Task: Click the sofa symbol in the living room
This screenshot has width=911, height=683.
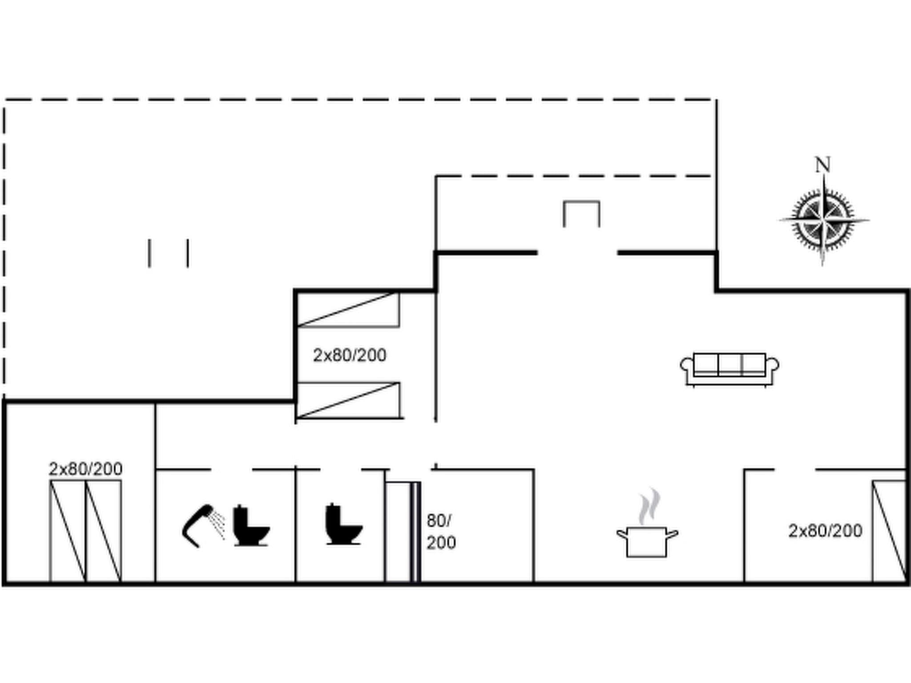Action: pos(730,369)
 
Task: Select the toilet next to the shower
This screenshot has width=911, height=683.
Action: pos(251,526)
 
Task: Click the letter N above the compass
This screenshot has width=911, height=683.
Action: pos(822,165)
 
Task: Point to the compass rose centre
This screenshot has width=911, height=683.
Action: pos(823,220)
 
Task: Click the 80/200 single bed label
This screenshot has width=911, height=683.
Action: pos(440,532)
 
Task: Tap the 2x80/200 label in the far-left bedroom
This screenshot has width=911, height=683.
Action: pos(85,469)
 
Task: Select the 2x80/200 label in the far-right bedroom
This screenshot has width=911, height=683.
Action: pos(825,530)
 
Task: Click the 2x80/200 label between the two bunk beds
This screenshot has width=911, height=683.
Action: pos(349,355)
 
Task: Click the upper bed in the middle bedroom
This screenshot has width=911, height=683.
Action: pos(348,309)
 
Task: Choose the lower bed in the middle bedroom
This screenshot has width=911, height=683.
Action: pos(348,400)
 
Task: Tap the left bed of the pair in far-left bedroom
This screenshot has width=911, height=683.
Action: pos(68,531)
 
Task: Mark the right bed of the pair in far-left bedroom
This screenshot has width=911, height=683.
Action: pos(103,531)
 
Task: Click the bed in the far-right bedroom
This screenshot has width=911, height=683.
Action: pos(889,531)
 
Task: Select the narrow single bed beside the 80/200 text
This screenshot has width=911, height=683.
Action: pos(399,532)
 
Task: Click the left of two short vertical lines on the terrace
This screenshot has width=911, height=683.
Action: pos(149,253)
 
